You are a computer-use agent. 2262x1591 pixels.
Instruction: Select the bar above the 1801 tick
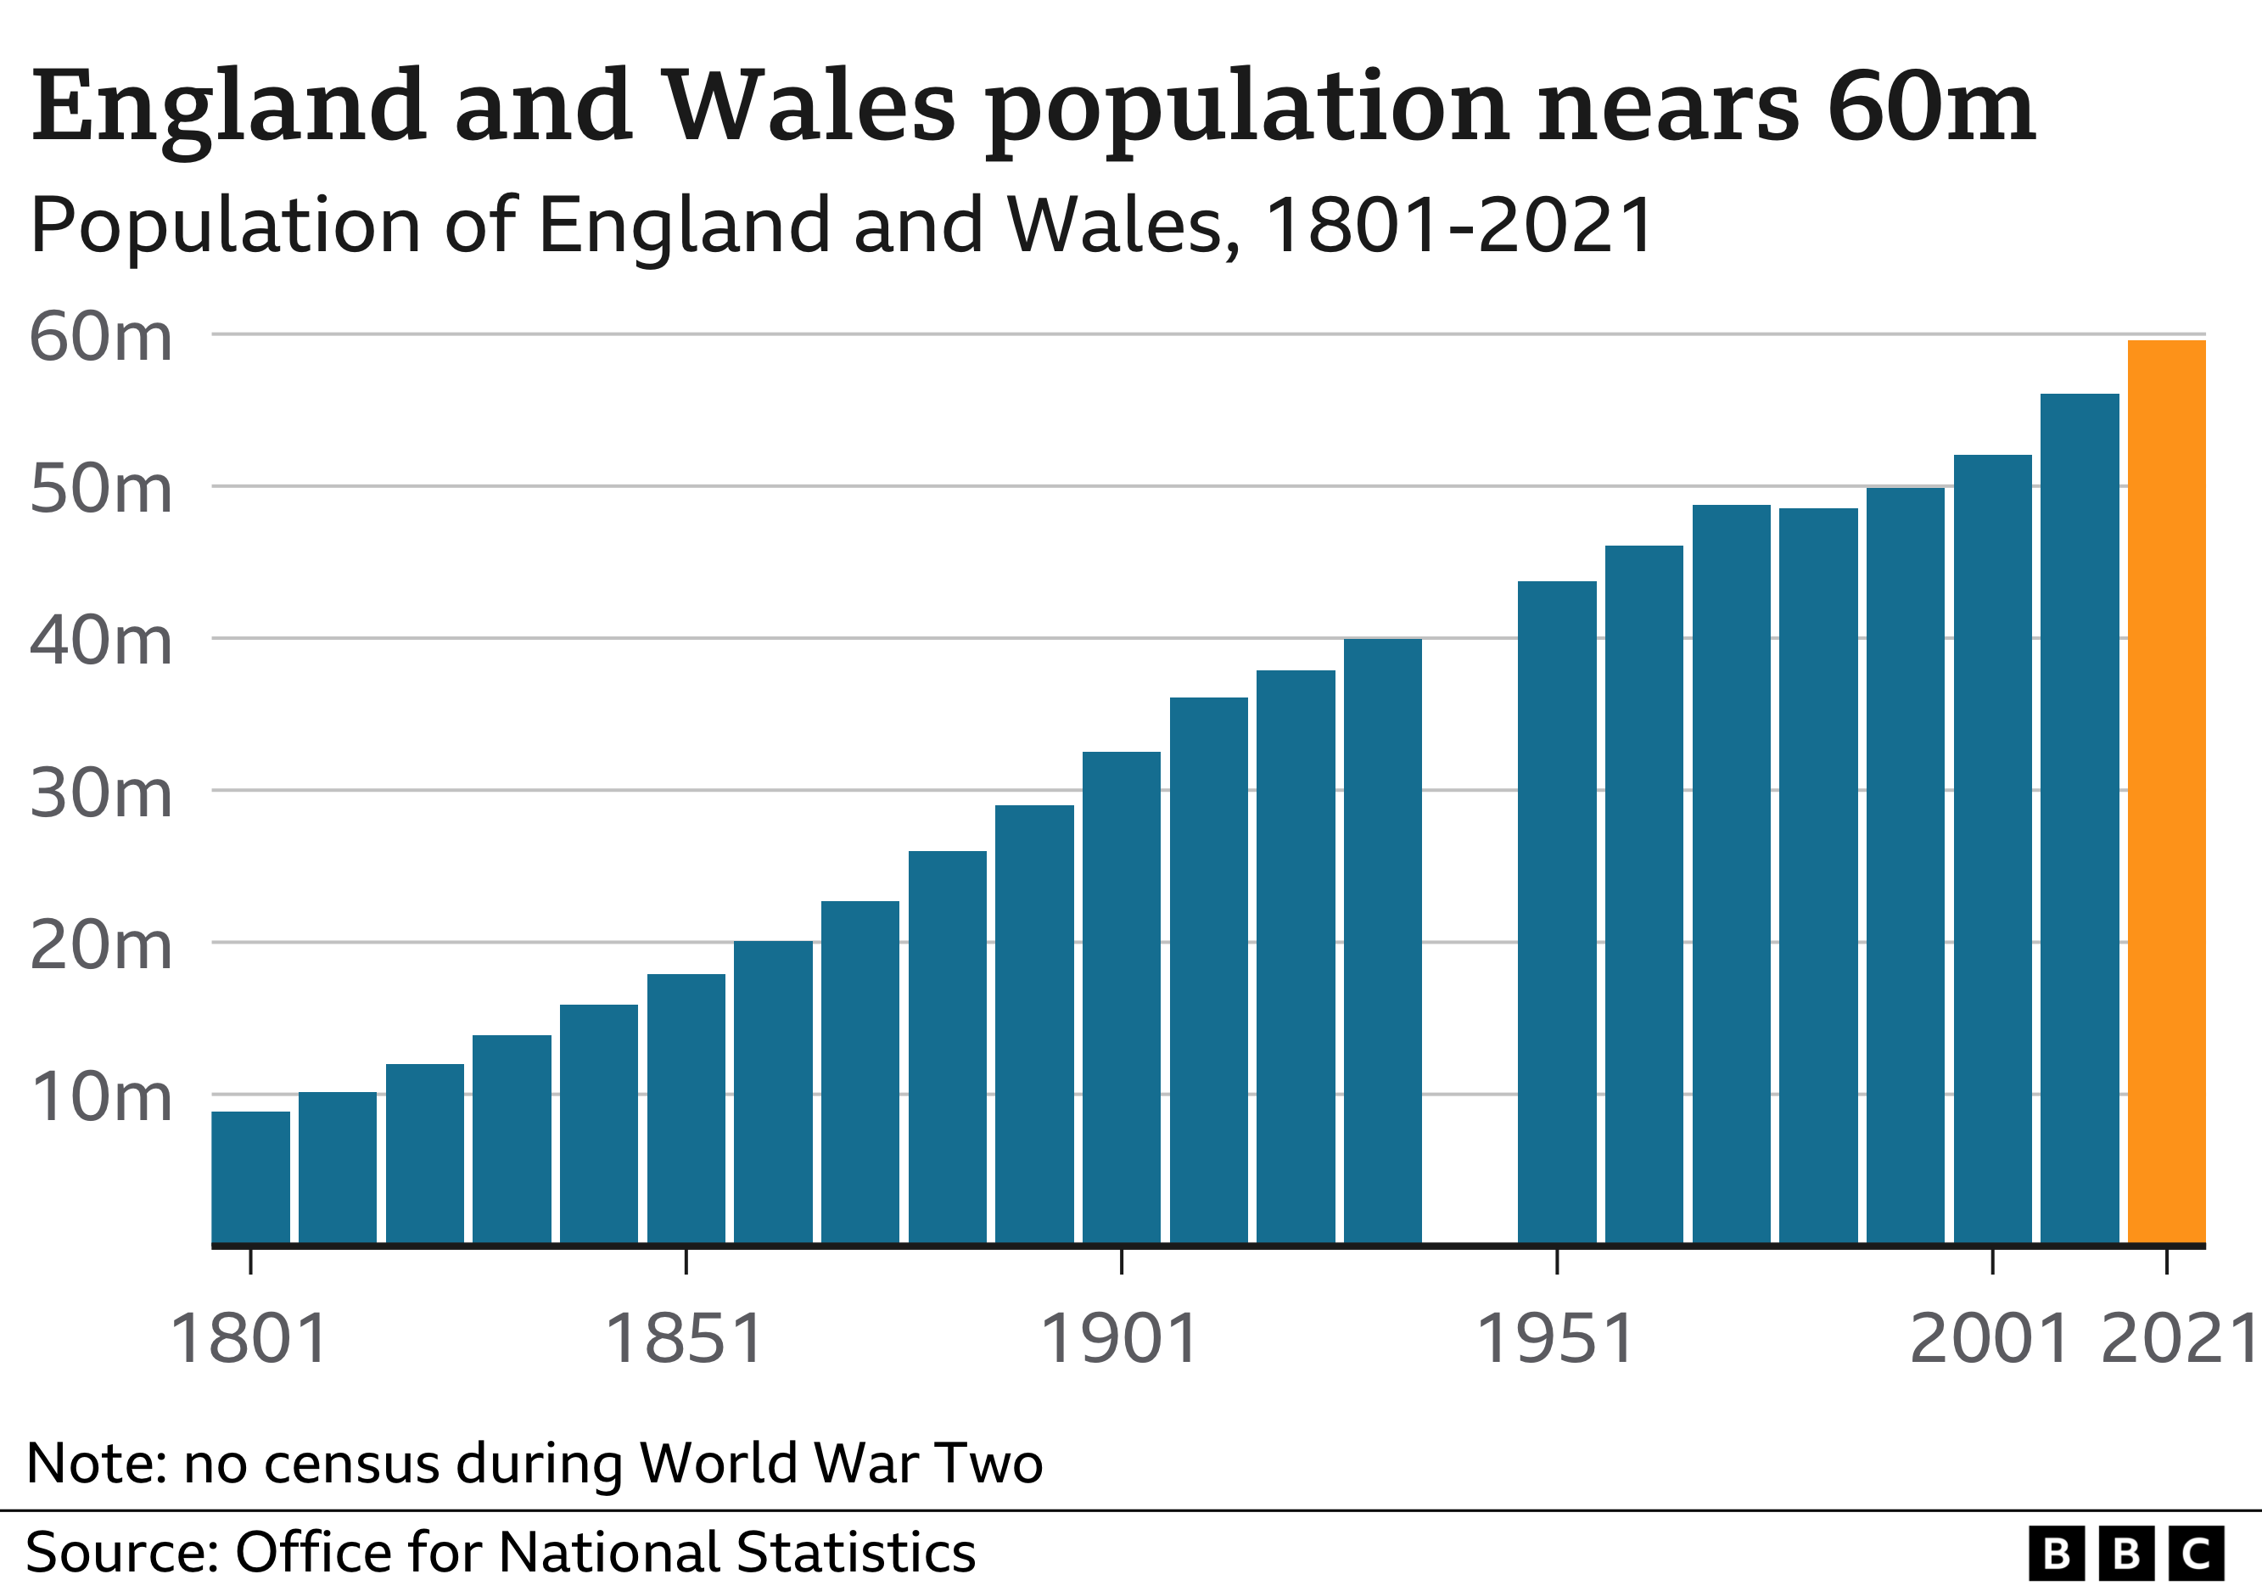click(250, 1177)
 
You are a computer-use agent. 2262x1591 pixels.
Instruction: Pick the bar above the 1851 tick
click(686, 1108)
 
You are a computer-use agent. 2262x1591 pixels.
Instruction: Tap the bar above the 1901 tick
click(1121, 997)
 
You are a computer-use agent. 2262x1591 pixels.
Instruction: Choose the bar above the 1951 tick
click(1557, 912)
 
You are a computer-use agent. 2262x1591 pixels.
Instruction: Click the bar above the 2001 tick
click(1992, 849)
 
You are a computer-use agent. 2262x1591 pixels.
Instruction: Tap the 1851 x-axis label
click(684, 1340)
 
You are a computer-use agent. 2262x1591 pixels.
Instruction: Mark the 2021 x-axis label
click(2177, 1340)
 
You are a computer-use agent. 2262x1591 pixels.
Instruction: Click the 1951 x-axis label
click(1555, 1340)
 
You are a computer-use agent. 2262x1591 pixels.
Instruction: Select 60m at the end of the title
click(1930, 105)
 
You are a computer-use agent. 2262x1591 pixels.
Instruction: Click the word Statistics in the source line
click(855, 1553)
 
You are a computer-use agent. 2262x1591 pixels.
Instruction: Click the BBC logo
click(2126, 1554)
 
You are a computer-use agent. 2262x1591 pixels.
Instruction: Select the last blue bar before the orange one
click(2079, 819)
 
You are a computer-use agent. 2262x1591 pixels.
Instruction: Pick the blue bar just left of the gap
click(1382, 941)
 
